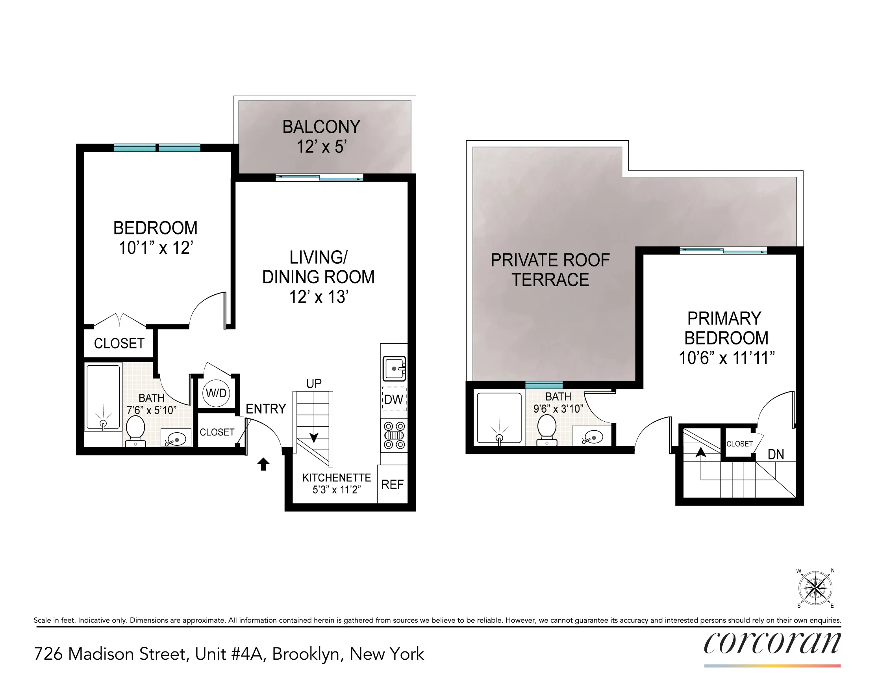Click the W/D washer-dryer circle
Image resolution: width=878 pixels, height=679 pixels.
coord(216,393)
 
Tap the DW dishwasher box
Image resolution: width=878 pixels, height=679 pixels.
coord(394,399)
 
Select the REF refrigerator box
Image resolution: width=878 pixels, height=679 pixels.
coord(393,485)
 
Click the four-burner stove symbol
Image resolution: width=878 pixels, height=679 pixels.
coord(394,435)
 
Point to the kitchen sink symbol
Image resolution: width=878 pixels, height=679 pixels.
coord(394,368)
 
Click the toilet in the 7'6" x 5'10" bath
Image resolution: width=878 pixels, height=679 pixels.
coord(135,430)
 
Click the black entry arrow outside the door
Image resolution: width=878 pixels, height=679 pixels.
coord(263,464)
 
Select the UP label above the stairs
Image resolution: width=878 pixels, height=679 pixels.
coord(313,383)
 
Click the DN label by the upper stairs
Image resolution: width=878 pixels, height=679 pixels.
coord(776,454)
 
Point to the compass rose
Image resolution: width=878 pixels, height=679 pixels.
coord(815,588)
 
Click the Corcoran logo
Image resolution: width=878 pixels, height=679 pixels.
coord(772,643)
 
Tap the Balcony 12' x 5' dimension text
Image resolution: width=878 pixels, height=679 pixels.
coord(321,147)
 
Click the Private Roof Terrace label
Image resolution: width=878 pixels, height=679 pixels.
coord(550,270)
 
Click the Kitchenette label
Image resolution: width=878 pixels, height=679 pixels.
coord(337,478)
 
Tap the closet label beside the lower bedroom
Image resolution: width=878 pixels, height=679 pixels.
coord(119,343)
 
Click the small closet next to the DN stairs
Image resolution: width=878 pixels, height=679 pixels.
coord(739,444)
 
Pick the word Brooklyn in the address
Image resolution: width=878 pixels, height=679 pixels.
coord(306,654)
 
